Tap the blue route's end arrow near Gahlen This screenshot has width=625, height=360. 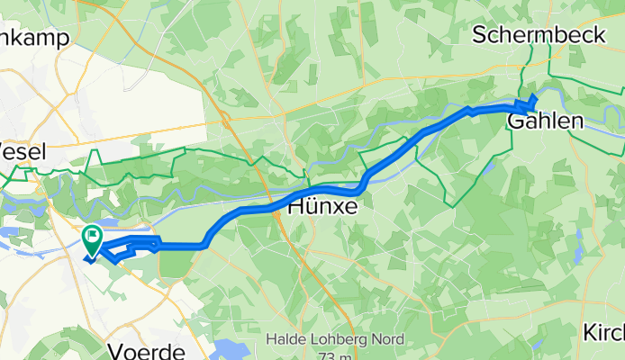pyautogui.click(x=533, y=100)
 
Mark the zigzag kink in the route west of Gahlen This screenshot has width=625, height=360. pyautogui.click(x=469, y=111)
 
